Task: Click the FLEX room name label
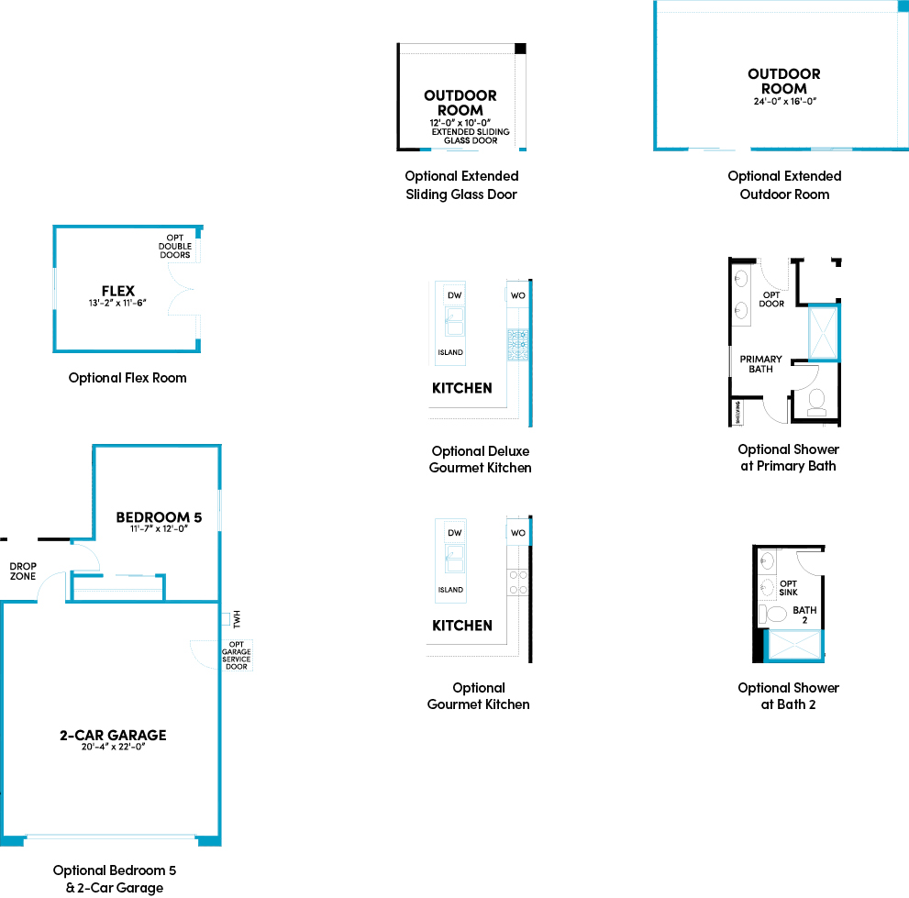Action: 117,291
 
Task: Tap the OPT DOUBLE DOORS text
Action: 174,246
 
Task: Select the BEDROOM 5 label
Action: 159,517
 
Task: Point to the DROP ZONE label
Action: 22,571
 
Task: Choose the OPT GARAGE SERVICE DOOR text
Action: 236,655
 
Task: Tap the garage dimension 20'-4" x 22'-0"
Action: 114,747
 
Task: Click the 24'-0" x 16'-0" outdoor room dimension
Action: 784,102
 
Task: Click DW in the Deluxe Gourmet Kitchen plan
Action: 453,295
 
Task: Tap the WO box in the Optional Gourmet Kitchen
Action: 517,533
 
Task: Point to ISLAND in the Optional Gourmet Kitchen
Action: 450,590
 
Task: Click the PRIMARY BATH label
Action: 761,364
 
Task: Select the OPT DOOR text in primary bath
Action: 771,299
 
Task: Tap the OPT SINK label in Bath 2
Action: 788,588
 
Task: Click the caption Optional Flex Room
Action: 127,378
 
